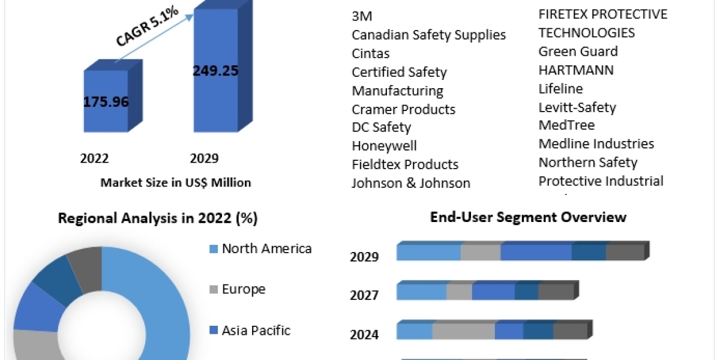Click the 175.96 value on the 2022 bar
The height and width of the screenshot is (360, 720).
[106, 101]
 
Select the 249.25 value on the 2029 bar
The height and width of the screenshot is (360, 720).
[215, 70]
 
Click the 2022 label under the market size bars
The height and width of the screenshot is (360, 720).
[94, 158]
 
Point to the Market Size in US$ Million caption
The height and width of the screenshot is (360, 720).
[176, 182]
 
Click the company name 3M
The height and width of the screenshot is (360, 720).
[362, 16]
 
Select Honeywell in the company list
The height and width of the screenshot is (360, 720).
[384, 146]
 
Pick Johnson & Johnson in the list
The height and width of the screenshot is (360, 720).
[411, 183]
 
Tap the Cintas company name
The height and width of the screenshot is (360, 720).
[370, 53]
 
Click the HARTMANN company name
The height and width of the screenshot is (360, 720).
[576, 70]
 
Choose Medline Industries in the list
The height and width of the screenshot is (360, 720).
[596, 143]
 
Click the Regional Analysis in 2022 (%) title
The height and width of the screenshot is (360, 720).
[158, 218]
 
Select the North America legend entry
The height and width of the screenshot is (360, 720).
[266, 248]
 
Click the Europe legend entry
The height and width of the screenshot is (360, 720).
[243, 289]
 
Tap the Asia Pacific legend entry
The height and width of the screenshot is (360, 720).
[256, 330]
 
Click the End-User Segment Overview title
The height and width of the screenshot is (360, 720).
[528, 217]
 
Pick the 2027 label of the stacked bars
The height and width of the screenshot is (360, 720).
[364, 295]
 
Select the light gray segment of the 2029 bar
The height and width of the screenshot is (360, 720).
[481, 253]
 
